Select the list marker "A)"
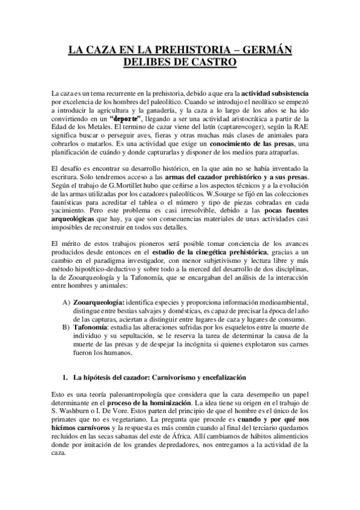click(x=65, y=301)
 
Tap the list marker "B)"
click(x=65, y=327)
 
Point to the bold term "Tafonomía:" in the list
click(x=91, y=327)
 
